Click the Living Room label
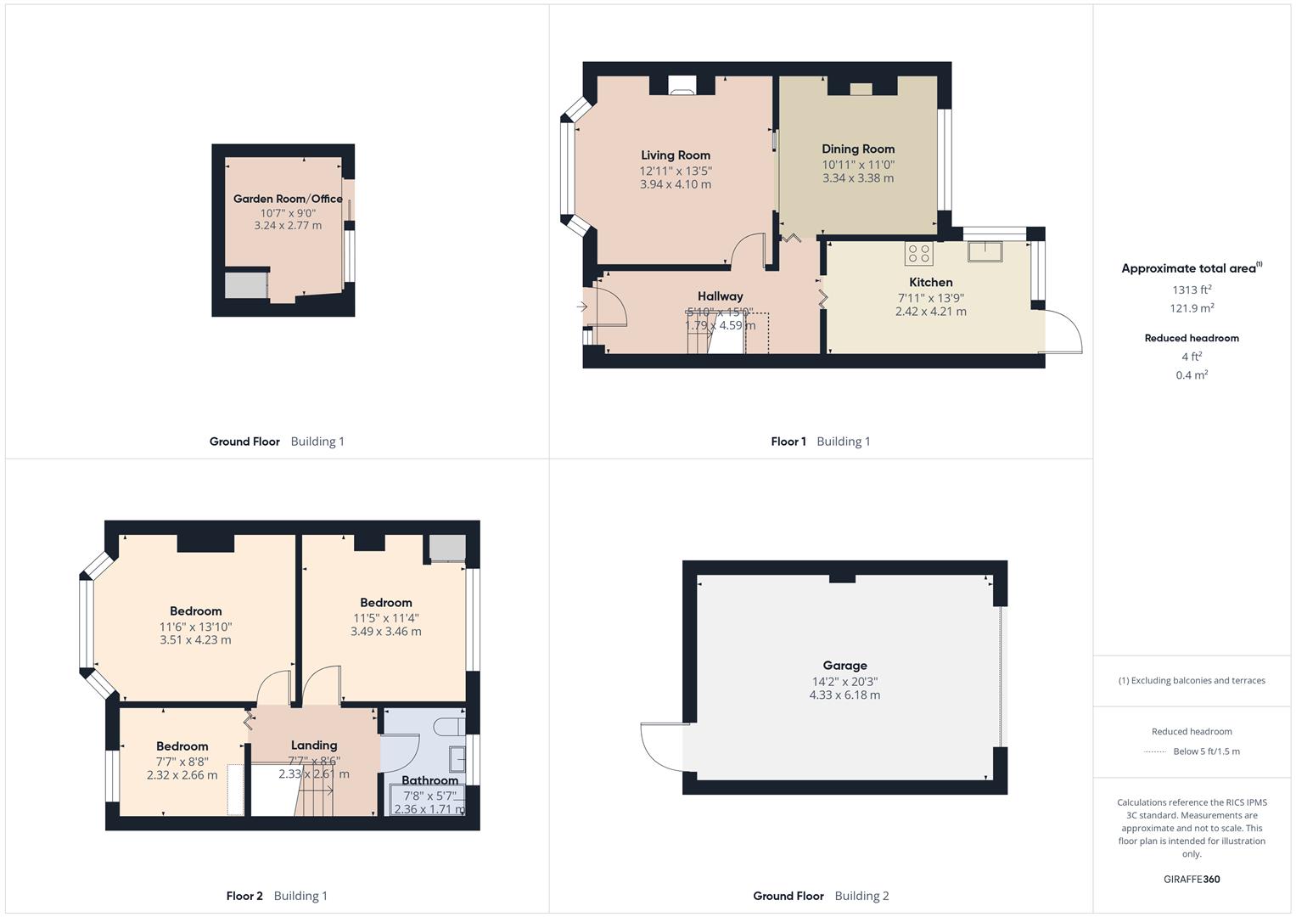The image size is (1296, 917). [676, 155]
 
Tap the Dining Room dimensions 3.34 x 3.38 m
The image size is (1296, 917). [857, 178]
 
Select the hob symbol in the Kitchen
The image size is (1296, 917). [918, 254]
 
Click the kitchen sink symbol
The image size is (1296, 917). [985, 251]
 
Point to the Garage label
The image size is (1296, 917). [844, 666]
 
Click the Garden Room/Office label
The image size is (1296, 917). [288, 199]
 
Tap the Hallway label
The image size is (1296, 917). [720, 296]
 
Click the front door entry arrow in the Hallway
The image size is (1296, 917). [582, 307]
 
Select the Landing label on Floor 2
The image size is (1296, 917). [314, 745]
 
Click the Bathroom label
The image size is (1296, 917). [429, 780]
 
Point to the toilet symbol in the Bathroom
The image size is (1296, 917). [448, 727]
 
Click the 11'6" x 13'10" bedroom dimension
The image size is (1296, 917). [195, 627]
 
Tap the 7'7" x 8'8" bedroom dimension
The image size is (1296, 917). [182, 762]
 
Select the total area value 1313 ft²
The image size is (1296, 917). [1192, 290]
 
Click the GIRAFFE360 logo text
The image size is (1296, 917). [1192, 879]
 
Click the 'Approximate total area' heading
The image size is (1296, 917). [1188, 268]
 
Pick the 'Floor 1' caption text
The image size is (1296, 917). [788, 442]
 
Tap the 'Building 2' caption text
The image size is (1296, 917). [861, 896]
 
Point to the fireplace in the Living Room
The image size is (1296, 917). [682, 84]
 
